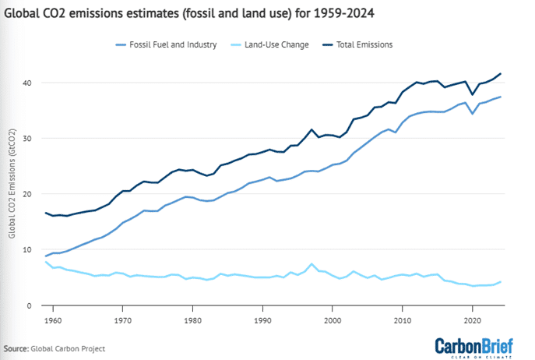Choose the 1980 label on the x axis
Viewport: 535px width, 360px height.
tap(193, 320)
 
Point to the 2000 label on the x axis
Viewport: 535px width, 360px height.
tap(333, 320)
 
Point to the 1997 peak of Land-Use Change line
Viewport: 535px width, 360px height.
tap(312, 264)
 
